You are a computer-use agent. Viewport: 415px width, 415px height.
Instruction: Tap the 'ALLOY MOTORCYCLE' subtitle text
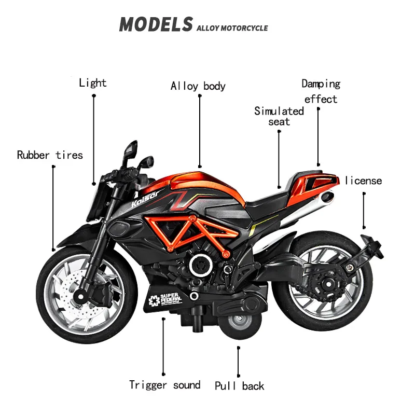[x=232, y=27]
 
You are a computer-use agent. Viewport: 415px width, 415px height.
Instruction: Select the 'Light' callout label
[x=93, y=83]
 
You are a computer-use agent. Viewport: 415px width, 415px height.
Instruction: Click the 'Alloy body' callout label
[x=198, y=86]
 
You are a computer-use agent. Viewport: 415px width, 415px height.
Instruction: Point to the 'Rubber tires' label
[x=50, y=155]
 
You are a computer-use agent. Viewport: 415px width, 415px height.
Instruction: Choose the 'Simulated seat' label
[x=279, y=116]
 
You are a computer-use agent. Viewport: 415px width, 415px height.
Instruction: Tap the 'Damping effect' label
[x=321, y=91]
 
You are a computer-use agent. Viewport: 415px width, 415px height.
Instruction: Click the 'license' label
[x=363, y=181]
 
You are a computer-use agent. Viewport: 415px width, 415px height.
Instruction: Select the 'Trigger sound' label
[x=164, y=385]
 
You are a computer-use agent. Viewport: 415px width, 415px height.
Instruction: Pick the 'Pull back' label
[x=239, y=386]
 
